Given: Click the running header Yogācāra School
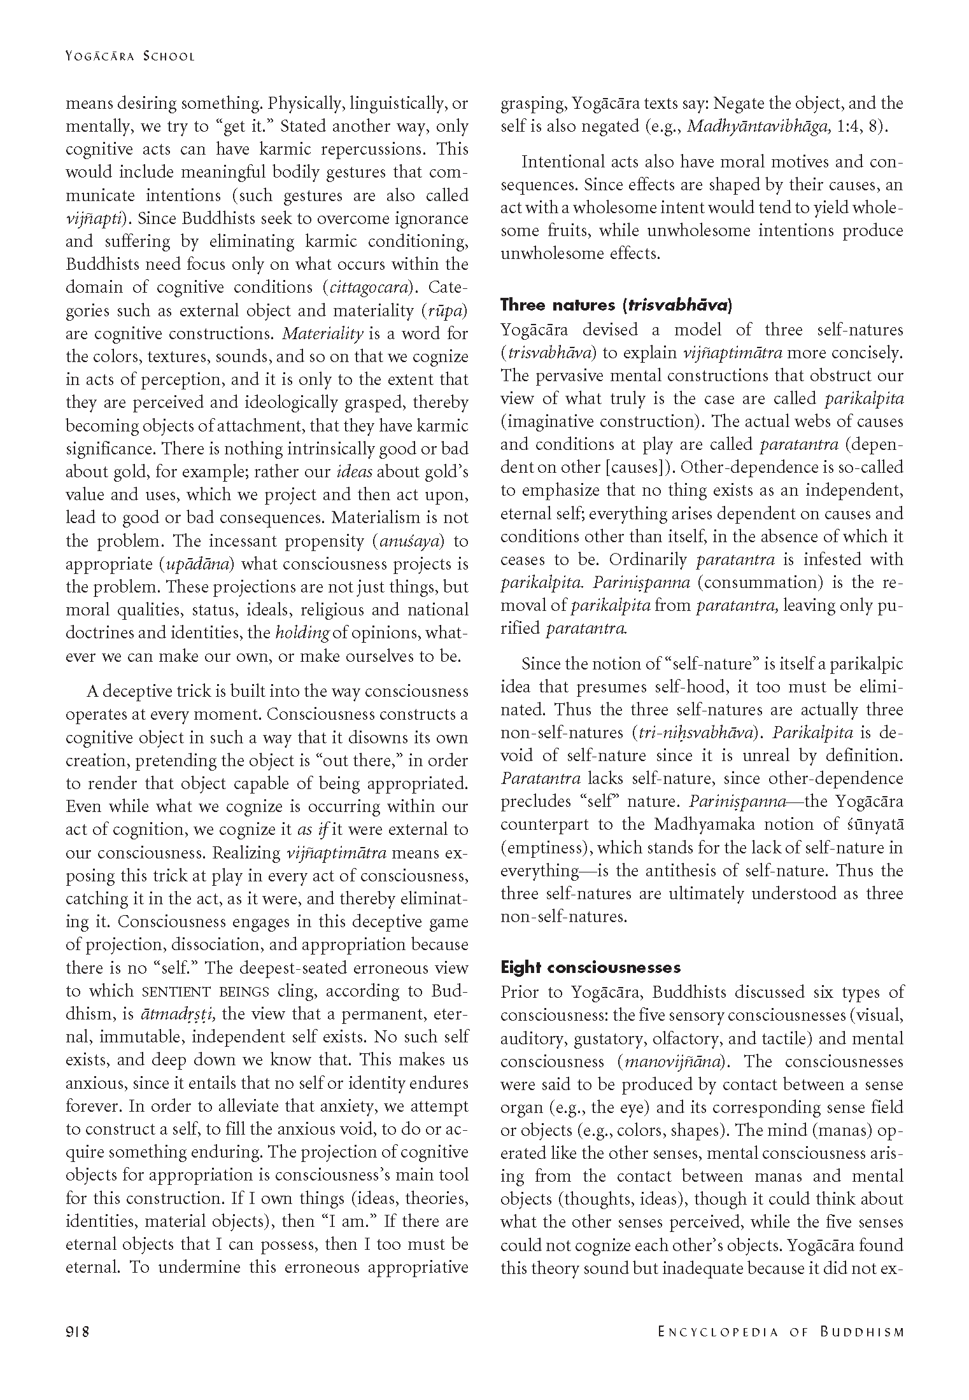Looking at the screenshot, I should click(130, 56).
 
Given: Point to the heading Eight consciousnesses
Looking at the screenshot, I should click(590, 967).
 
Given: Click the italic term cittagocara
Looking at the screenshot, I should click(365, 288).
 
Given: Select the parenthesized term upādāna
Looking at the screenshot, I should click(197, 564).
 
